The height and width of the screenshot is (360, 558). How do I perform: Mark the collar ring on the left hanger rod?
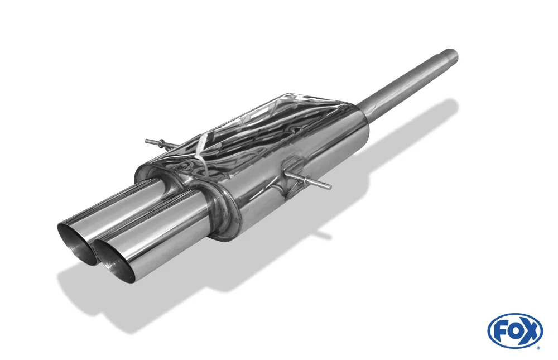tap(162, 142)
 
